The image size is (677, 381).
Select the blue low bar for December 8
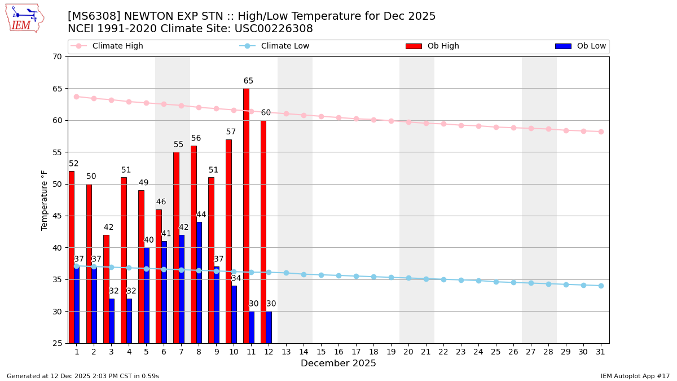(x=199, y=282)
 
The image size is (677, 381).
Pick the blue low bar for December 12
(x=269, y=327)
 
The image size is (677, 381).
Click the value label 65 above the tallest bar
(x=248, y=81)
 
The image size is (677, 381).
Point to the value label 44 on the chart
(x=201, y=215)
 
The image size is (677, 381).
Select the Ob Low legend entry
(x=581, y=46)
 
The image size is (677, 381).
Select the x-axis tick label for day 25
(x=496, y=352)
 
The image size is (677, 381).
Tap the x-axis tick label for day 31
(x=601, y=352)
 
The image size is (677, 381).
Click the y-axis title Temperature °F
(x=45, y=200)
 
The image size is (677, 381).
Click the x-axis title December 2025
(x=338, y=364)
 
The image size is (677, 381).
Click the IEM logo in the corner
(x=24, y=18)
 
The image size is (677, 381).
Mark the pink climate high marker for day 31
(x=601, y=132)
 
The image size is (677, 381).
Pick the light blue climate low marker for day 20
(x=408, y=278)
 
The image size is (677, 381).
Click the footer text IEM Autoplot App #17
(x=635, y=376)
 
